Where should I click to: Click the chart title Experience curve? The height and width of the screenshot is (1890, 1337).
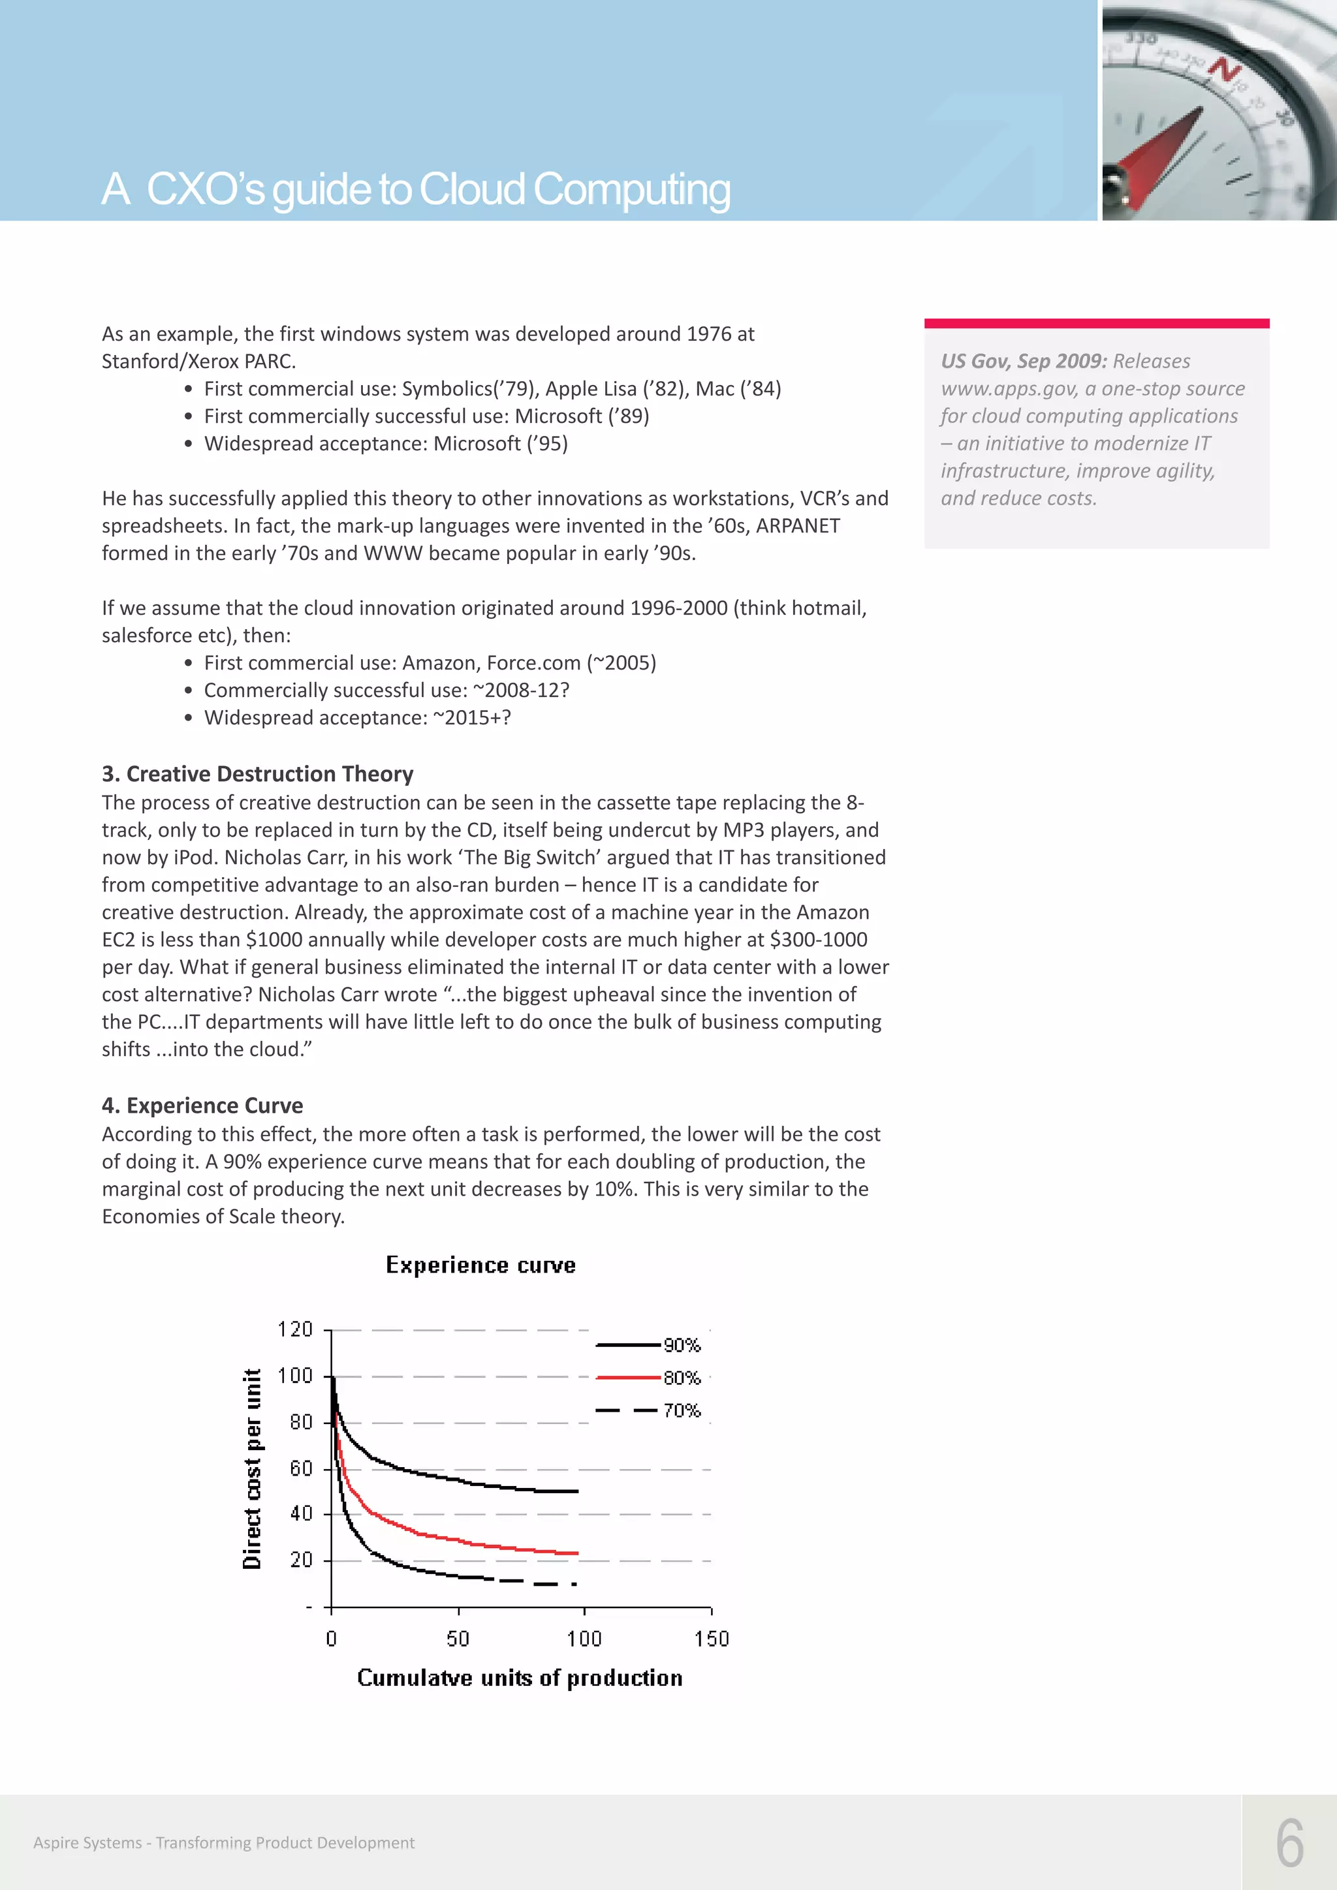(480, 1265)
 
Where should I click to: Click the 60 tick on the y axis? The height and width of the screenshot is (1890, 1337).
(302, 1468)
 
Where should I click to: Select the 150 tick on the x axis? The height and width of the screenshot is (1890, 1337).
(712, 1639)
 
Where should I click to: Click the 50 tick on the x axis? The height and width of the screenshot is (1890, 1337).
(458, 1639)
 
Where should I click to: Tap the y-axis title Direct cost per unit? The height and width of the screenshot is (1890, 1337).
(252, 1468)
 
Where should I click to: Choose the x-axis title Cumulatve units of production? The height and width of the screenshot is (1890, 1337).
(520, 1679)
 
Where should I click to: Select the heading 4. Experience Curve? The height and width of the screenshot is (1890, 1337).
(202, 1106)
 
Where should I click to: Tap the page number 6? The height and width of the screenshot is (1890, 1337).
(1290, 1844)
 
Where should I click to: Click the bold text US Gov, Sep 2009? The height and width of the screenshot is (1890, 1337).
(1024, 362)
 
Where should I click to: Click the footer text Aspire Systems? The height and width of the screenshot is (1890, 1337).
(87, 1843)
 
